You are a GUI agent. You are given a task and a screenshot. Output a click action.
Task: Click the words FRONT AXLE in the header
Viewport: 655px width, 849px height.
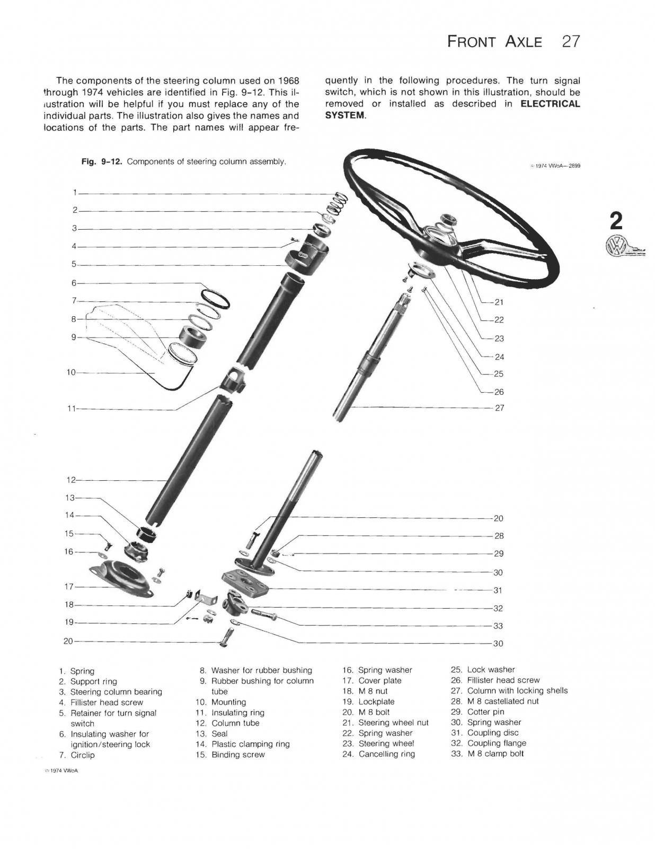[x=495, y=41]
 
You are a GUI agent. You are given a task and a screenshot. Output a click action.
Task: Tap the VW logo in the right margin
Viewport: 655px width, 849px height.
[x=617, y=247]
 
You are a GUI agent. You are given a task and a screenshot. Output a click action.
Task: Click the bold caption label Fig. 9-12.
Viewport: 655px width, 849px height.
[x=102, y=161]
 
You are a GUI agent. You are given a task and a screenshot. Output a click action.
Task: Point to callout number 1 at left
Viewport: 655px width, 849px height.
[x=75, y=192]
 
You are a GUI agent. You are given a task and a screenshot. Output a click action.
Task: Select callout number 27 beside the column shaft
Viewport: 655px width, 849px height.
[x=499, y=408]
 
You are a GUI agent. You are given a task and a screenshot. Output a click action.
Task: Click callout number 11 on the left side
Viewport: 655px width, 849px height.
[x=73, y=409]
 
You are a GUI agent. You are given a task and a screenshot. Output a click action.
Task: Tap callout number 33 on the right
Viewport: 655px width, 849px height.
[x=498, y=626]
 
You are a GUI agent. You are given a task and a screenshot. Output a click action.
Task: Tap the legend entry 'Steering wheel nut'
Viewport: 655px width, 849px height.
[x=393, y=723]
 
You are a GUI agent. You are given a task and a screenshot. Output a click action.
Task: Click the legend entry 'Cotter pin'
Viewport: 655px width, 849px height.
[x=485, y=712]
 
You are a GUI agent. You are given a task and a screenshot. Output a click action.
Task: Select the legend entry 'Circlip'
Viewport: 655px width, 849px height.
[x=82, y=755]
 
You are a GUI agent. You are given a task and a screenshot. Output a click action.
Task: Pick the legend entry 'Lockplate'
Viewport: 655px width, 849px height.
[x=376, y=701]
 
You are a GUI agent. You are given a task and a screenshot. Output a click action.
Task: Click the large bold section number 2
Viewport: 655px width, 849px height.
[x=616, y=220]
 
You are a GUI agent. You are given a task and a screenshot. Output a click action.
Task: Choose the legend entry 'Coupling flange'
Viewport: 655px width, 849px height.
[x=497, y=743]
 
